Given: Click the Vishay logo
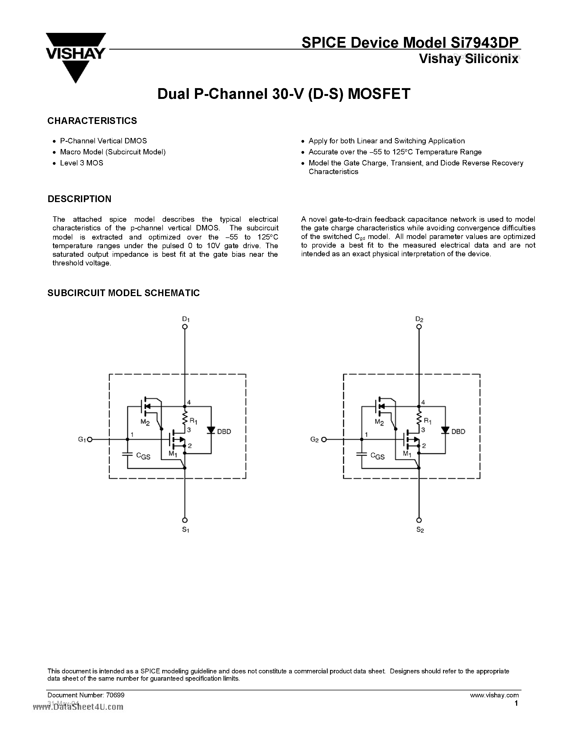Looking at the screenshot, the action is point(76,56).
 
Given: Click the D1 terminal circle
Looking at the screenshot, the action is point(185,327).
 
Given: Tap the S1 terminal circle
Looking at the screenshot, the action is point(185,520).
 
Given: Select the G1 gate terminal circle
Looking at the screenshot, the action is point(90,439).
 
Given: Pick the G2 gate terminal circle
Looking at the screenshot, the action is point(324,439).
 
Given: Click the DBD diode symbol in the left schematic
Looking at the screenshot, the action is point(211,430).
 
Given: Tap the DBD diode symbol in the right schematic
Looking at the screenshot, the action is point(445,430).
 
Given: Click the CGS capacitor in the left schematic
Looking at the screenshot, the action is point(128,454).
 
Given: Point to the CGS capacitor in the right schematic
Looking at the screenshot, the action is point(362,454).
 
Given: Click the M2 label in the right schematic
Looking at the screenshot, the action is point(379,422).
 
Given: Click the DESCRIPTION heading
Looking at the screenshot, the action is point(80,199).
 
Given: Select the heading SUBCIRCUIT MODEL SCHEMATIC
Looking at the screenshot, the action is point(123,293).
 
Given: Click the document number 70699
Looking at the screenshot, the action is point(115,695).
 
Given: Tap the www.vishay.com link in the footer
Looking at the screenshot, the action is point(494,695).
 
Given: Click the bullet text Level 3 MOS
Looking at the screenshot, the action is point(81,163).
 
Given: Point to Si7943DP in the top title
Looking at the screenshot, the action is point(484,43).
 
